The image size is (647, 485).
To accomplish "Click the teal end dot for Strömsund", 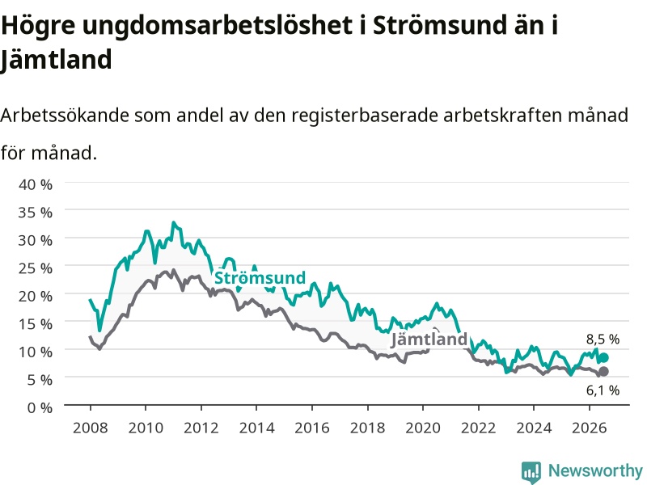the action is coord(603,357).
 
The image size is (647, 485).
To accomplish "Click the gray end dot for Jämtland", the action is coord(603,372).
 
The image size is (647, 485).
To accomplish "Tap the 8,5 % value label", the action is coord(603,339).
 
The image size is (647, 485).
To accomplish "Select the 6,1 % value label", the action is coord(603,390).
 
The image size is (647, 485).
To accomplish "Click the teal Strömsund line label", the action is coord(260,277).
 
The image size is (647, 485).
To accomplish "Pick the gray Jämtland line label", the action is coord(429,339).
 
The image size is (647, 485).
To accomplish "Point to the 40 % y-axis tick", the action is coord(36,184).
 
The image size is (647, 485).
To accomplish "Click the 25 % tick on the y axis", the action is coord(36,268).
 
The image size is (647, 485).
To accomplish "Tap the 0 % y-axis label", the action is coord(40,407).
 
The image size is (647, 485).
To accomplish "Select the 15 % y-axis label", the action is coord(36,324).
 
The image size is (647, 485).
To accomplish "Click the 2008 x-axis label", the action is coord(91,428).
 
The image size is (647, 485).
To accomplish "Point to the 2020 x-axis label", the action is coord(423,428).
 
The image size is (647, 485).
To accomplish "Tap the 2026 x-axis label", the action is coord(590,428).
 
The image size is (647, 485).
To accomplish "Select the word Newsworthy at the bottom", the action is coord(595,470).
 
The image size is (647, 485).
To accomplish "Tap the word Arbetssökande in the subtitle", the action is coord(65,115).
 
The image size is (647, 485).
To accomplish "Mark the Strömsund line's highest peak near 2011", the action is coord(174,222).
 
